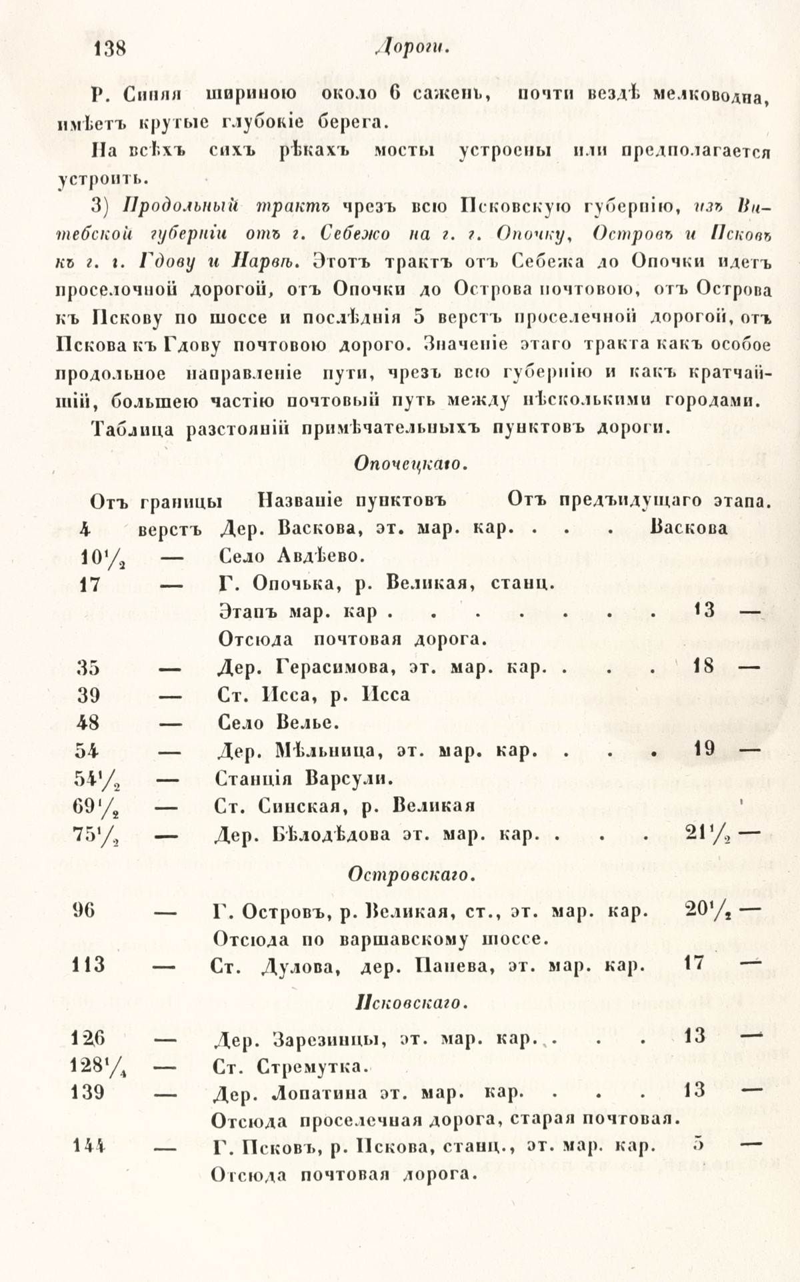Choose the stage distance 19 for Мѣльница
click(704, 749)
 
